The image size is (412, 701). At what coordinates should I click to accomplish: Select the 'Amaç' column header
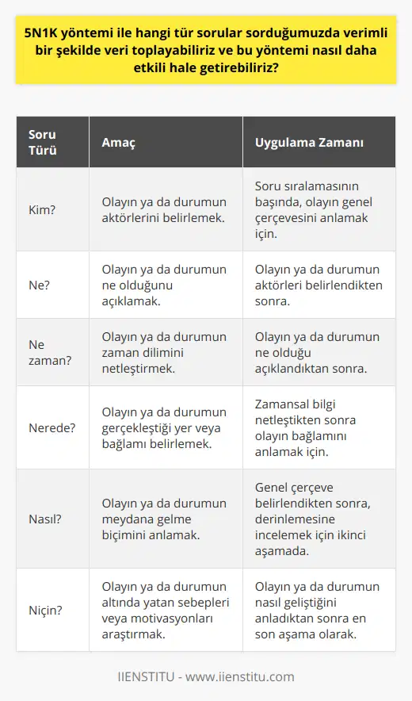click(119, 144)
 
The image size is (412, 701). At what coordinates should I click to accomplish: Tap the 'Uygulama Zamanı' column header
click(308, 144)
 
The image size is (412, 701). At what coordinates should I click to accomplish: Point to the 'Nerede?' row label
click(51, 428)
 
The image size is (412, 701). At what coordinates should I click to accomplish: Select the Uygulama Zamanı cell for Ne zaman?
click(317, 352)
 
